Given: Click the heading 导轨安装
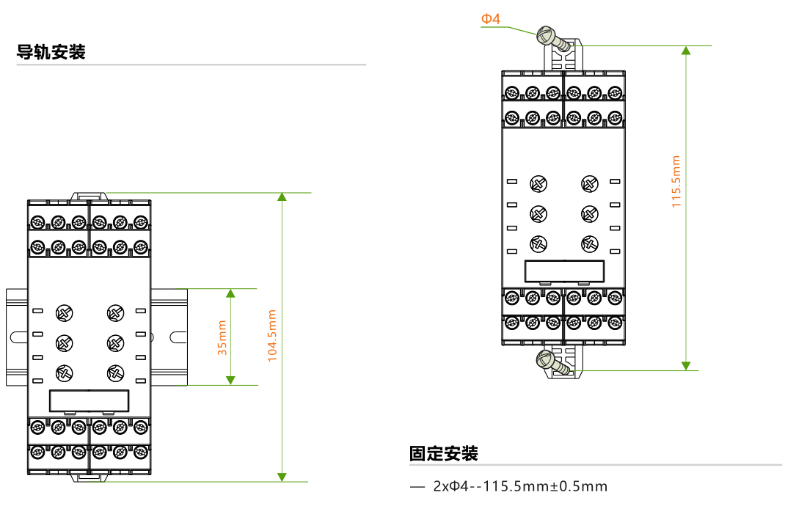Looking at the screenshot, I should pos(51,53).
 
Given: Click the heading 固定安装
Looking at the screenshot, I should pos(444,454).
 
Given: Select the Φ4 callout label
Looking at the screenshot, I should pos(491,19).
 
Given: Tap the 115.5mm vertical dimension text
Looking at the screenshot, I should pos(676,181).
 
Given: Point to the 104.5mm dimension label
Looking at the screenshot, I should pos(271,335).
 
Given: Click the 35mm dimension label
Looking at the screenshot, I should pos(222,337).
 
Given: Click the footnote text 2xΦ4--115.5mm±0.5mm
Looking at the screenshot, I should pos(520,486).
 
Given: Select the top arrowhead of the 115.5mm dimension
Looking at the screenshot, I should pos(686,51).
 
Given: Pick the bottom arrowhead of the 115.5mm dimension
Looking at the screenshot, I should pos(686,364).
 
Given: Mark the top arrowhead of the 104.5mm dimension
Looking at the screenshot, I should pos(282,197).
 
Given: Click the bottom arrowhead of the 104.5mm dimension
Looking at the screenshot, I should pos(282,477).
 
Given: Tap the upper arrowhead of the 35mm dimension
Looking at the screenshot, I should pos(230,293).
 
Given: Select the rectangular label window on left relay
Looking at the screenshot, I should pos(90,401).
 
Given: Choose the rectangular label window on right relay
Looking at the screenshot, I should pos(564,271).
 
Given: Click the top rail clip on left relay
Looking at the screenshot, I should pos(90,196).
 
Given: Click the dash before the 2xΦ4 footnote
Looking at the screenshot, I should pos(417,486).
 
